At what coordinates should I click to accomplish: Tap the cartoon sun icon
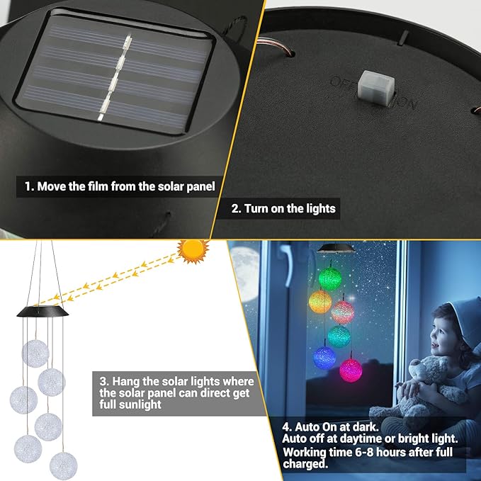point(193,251)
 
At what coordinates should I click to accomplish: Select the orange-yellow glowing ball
point(319,301)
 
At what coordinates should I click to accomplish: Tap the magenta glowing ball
point(351,369)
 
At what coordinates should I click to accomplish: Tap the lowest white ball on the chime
point(64,465)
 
